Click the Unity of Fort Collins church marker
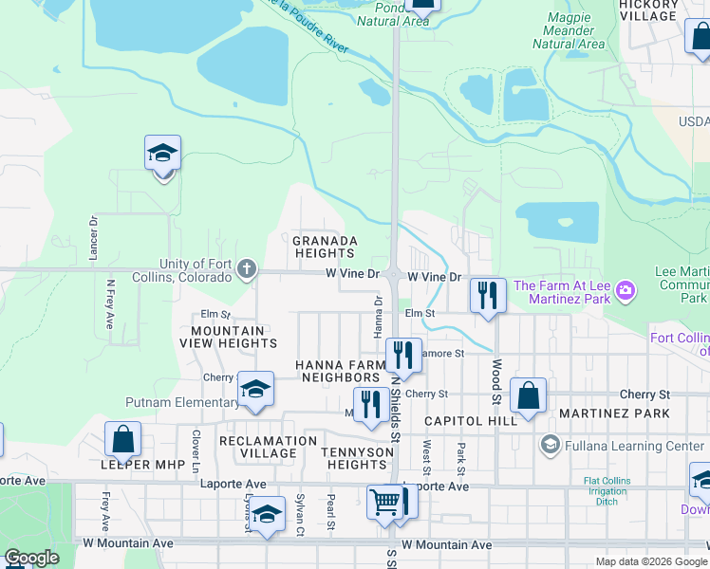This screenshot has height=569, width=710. pos(247,270)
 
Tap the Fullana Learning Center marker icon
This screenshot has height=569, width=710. pos(550,445)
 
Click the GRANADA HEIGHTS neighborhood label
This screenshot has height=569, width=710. pos(325,247)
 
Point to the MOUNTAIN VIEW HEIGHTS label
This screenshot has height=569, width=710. pos(234,337)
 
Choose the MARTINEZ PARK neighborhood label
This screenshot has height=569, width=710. pos(614,413)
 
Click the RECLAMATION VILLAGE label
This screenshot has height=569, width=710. pos(268,447)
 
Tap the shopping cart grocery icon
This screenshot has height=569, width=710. pos(384,500)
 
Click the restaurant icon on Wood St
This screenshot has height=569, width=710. pos(488,295)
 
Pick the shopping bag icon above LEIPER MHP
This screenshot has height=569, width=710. pos(123,439)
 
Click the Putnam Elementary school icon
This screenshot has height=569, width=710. pos(254,389)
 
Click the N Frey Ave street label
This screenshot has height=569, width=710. pos(109,303)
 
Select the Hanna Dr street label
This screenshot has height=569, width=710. pos(378,314)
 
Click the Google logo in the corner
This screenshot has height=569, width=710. pos(31,558)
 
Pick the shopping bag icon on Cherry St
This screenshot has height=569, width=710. pos(528,395)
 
